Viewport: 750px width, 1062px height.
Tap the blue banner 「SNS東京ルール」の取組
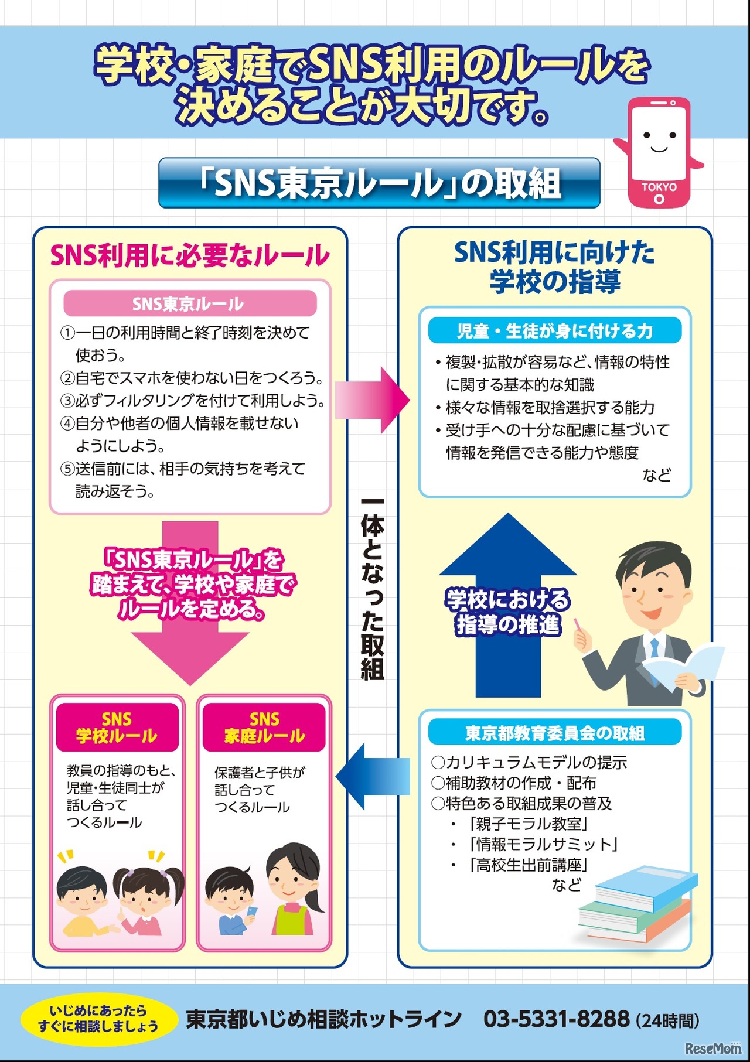click(379, 183)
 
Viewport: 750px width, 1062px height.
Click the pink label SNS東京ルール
click(190, 303)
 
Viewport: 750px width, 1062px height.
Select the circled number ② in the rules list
click(68, 378)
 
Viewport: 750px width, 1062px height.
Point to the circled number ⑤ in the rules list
click(68, 469)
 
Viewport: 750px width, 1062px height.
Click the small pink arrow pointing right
click(373, 400)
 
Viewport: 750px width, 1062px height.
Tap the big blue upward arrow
click(508, 603)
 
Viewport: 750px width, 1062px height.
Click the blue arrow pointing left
click(373, 777)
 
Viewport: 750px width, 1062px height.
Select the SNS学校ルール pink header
click(117, 727)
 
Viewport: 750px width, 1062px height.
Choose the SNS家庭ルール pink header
click(264, 727)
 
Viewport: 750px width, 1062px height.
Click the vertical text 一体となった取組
click(373, 589)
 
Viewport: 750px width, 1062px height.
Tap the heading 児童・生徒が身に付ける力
click(554, 331)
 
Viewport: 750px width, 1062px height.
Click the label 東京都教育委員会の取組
click(554, 733)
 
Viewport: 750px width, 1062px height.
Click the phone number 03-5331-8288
click(556, 1019)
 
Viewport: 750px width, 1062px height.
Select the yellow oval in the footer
click(98, 1019)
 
